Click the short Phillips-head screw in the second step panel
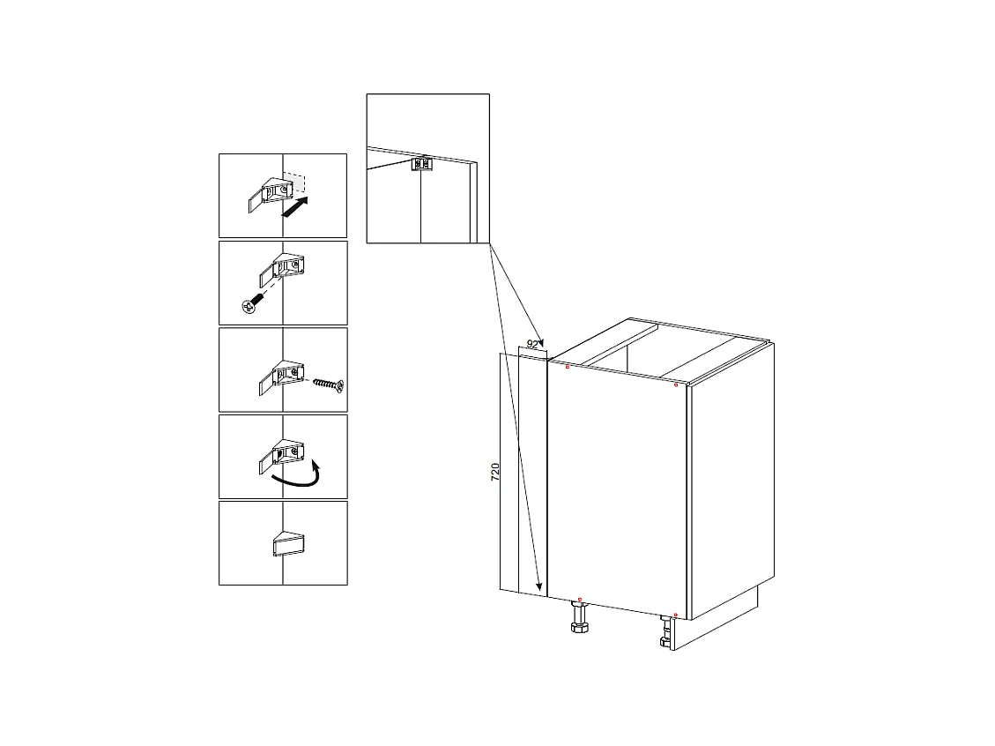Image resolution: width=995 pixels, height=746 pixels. pyautogui.click(x=250, y=304)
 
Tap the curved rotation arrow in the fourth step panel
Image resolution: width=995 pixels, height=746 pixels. pyautogui.click(x=296, y=476)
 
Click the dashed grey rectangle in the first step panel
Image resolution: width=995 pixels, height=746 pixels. pyautogui.click(x=295, y=183)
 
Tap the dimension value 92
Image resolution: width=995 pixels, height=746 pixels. pyautogui.click(x=532, y=344)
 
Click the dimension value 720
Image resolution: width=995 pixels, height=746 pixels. pyautogui.click(x=495, y=471)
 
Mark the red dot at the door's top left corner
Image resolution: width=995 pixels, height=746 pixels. pyautogui.click(x=568, y=367)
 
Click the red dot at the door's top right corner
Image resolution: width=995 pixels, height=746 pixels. pyautogui.click(x=675, y=385)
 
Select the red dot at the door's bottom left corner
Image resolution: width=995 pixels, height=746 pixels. pyautogui.click(x=579, y=600)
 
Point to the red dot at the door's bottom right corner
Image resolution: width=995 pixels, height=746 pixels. pyautogui.click(x=675, y=615)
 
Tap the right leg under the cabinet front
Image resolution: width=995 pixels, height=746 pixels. pyautogui.click(x=667, y=632)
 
